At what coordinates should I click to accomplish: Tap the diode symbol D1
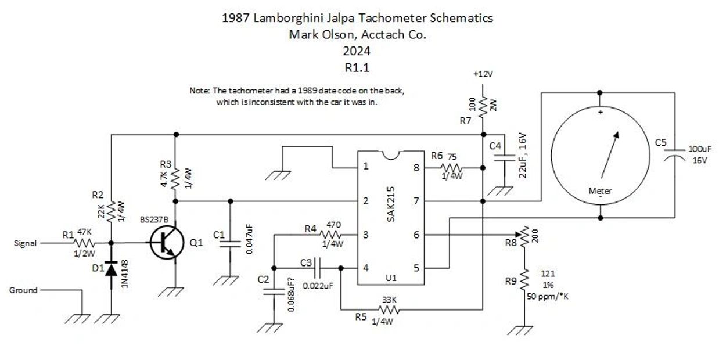click(x=110, y=269)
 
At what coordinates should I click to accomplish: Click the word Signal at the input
click(x=26, y=243)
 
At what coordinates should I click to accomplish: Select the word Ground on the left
click(x=23, y=290)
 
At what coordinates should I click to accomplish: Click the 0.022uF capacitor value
click(x=318, y=286)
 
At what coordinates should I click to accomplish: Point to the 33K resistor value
click(x=390, y=300)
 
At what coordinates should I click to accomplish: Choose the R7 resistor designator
click(x=465, y=121)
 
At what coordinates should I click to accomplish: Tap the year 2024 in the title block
click(x=358, y=51)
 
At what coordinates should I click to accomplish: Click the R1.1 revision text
click(x=358, y=67)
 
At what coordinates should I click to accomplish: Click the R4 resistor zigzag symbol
click(x=333, y=235)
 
